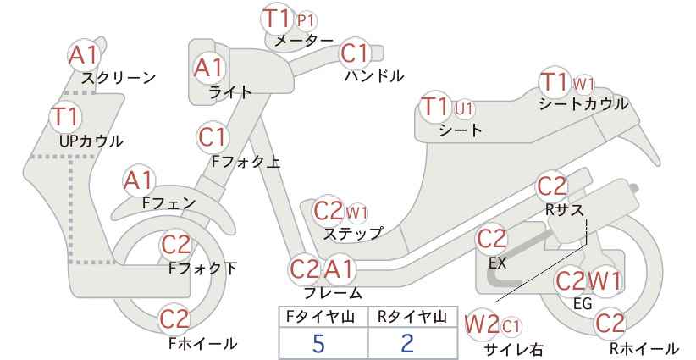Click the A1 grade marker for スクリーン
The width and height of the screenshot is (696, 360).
point(83,56)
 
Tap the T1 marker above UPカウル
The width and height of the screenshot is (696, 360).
point(65,116)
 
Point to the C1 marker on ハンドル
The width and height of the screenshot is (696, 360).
point(355,53)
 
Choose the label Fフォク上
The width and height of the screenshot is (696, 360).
point(246,162)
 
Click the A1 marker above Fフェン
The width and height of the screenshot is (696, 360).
point(138,181)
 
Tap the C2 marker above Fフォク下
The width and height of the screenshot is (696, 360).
point(176,245)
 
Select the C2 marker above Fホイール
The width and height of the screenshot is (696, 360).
point(175,318)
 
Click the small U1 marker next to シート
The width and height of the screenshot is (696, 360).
point(464,108)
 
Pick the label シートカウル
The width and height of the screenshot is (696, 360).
point(583,104)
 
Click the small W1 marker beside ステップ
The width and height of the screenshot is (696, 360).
point(356,213)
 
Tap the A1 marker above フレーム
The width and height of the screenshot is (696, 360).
point(340,269)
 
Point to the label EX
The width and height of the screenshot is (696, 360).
point(498,263)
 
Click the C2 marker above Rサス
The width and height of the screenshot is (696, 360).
point(552,186)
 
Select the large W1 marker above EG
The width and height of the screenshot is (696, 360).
point(604,281)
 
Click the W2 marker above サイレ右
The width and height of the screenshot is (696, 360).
point(482,325)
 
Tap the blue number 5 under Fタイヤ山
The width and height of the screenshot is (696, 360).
point(318,343)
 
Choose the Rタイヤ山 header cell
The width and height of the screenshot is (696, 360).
point(412,317)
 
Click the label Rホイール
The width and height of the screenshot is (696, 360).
point(644,348)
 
